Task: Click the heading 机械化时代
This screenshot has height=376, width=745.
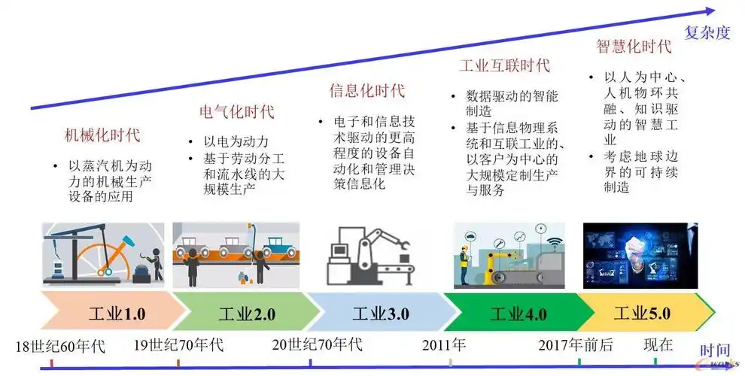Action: pyautogui.click(x=102, y=136)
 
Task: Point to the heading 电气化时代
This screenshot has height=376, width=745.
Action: pyautogui.click(x=237, y=112)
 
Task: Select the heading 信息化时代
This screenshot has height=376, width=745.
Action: pyautogui.click(x=367, y=91)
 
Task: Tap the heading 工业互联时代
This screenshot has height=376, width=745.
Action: pyautogui.click(x=505, y=65)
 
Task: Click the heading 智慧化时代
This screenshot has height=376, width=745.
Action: pyautogui.click(x=634, y=46)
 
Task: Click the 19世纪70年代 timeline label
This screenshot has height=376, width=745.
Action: pyautogui.click(x=179, y=346)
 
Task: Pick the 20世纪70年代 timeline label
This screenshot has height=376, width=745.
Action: pyautogui.click(x=318, y=346)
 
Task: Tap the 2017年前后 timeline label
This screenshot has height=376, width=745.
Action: pyautogui.click(x=576, y=346)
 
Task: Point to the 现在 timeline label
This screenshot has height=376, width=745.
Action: pyautogui.click(x=658, y=346)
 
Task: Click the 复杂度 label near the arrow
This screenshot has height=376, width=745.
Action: pyautogui.click(x=707, y=32)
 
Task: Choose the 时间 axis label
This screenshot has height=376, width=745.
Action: pyautogui.click(x=715, y=350)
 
